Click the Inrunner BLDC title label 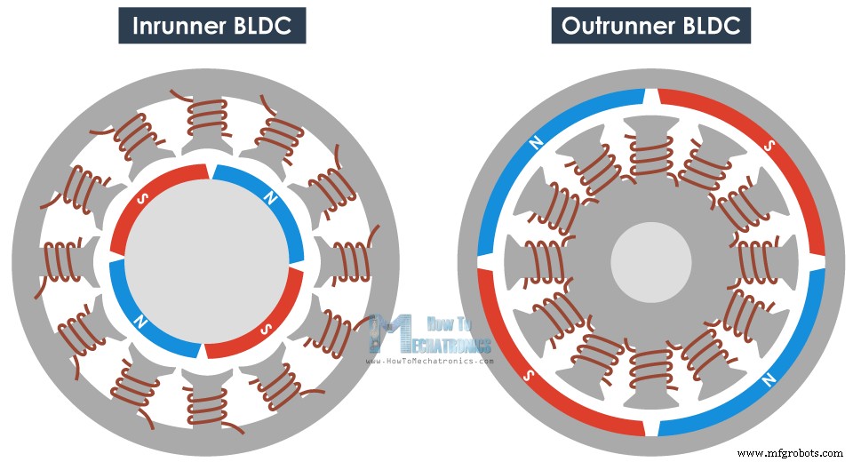211,25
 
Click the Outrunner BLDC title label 650,25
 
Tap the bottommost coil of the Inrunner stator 205,404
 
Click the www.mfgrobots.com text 790,453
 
